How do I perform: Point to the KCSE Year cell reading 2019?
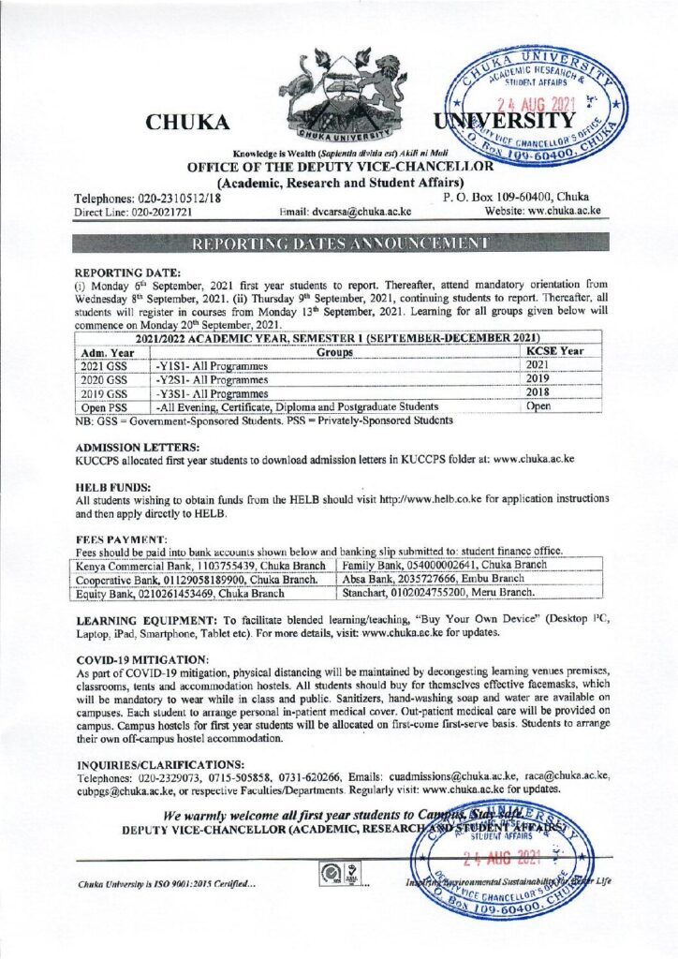pos(537,379)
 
